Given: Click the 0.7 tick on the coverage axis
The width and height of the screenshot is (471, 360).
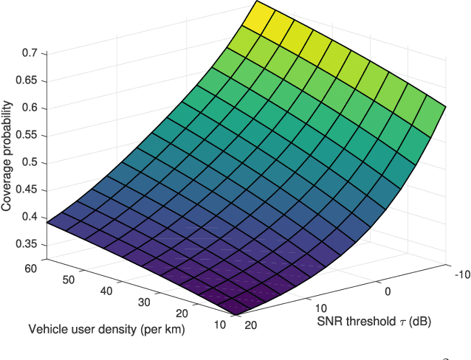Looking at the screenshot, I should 29,53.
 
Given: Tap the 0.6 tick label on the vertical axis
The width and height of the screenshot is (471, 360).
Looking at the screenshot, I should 29,108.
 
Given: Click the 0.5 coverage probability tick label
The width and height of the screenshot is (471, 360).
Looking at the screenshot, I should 29,163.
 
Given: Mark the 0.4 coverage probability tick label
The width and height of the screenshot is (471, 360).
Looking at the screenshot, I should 29,218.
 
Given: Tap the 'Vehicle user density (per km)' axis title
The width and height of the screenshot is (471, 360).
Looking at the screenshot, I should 107,329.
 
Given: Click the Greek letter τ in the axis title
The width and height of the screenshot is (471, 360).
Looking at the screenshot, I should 396,322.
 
